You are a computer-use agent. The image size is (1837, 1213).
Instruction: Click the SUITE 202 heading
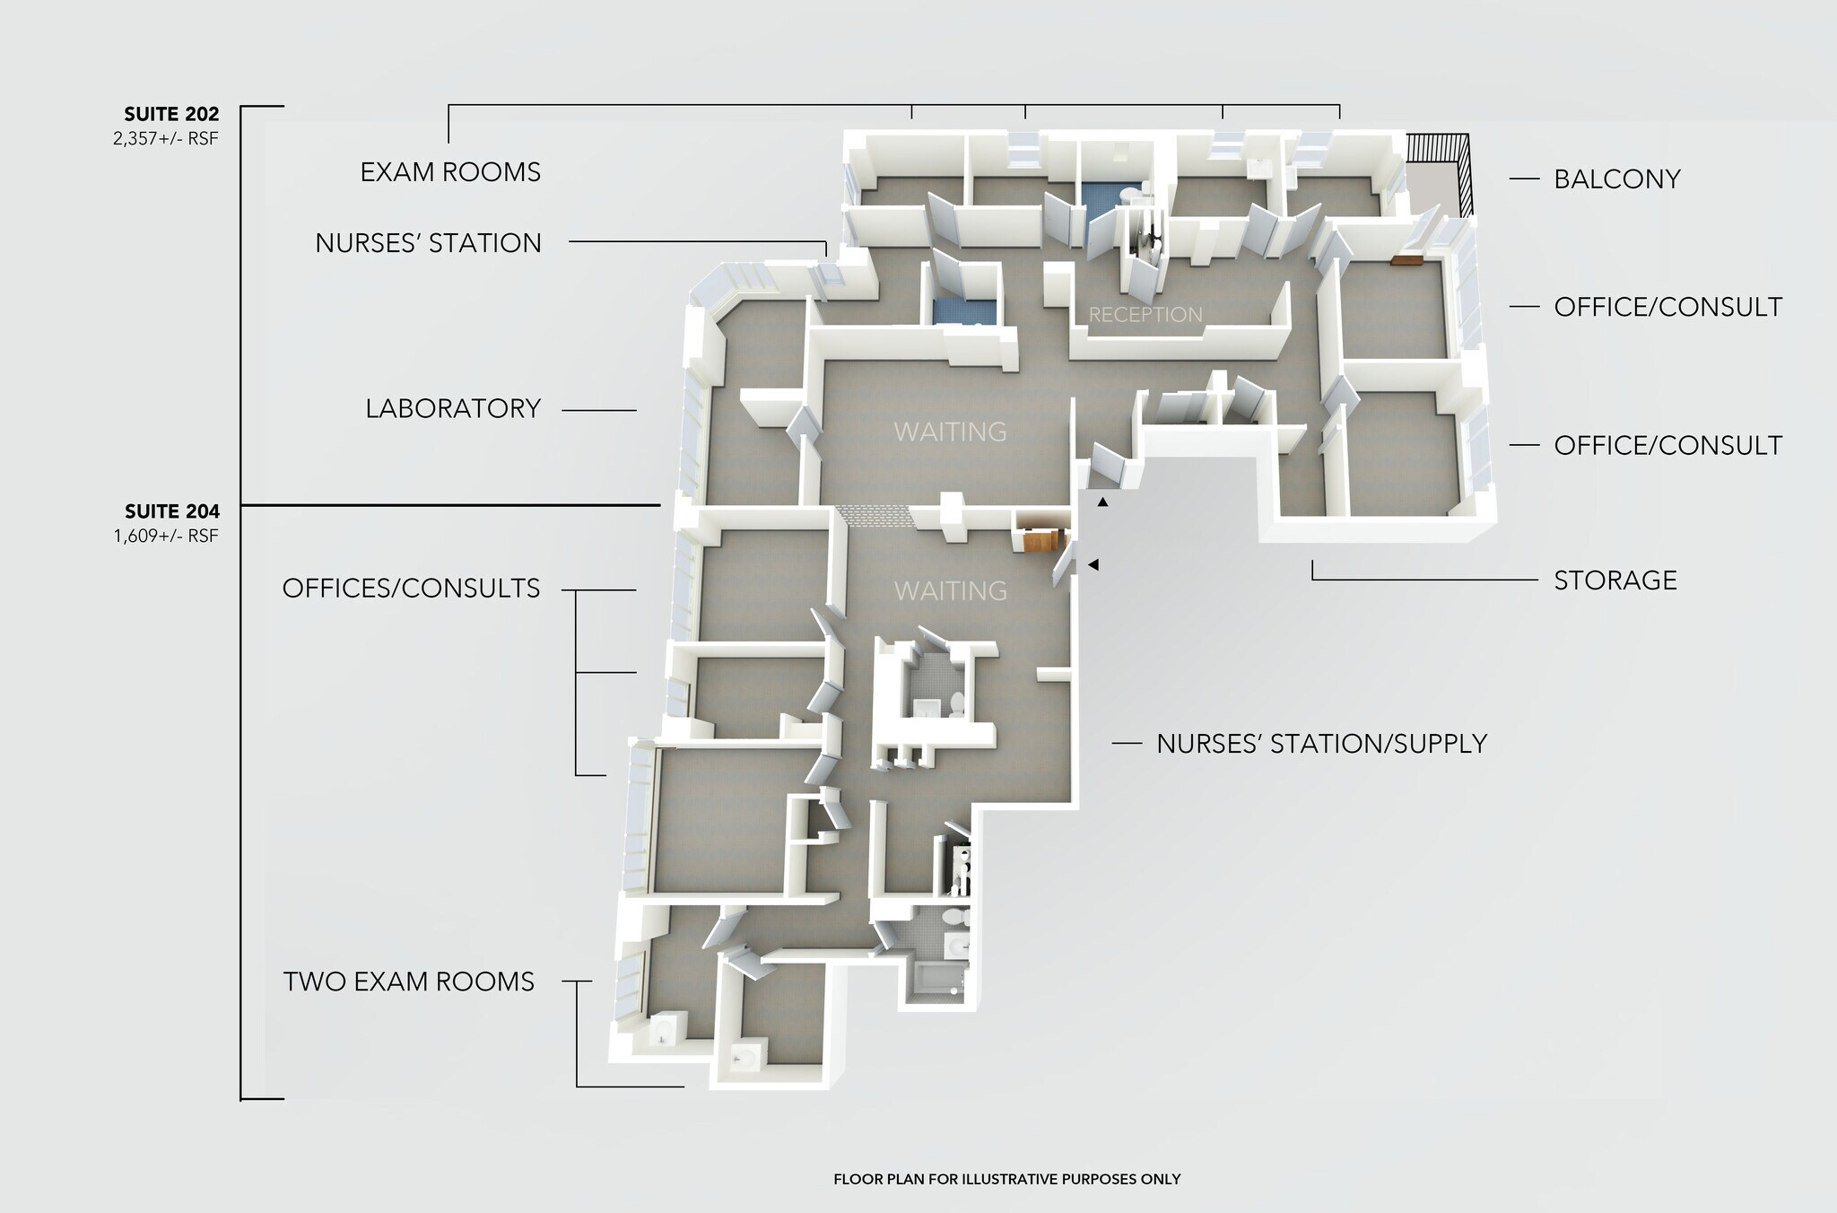tap(171, 115)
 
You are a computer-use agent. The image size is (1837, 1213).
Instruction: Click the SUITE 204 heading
tap(171, 512)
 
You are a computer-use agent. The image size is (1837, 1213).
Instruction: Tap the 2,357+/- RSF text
tap(165, 139)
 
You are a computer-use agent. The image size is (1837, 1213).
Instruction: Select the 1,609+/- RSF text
tap(165, 537)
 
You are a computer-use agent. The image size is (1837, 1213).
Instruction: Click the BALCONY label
tap(1616, 179)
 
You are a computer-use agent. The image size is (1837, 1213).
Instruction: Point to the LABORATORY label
tap(453, 409)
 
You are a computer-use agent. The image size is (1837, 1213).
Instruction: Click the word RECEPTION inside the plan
tap(1145, 315)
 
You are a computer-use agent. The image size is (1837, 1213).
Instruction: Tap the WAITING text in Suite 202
tap(950, 432)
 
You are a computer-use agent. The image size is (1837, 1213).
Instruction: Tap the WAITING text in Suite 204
tap(950, 591)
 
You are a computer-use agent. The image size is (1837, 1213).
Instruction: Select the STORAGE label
tap(1615, 580)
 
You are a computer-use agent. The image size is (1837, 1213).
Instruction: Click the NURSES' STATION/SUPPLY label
tap(1321, 744)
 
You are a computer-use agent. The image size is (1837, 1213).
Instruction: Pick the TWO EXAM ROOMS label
tap(409, 982)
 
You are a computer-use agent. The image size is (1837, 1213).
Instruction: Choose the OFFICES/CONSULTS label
tap(411, 589)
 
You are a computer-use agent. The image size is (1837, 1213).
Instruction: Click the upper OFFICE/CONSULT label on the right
tap(1667, 307)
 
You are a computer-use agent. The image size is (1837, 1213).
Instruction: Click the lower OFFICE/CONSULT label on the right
tap(1667, 445)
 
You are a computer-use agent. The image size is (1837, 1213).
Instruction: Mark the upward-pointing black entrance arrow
tap(1103, 502)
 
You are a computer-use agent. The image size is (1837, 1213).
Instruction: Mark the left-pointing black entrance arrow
tap(1093, 564)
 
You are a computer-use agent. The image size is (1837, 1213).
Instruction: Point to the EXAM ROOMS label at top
tap(450, 172)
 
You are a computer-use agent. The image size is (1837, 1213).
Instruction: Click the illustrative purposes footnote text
tap(1006, 1179)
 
